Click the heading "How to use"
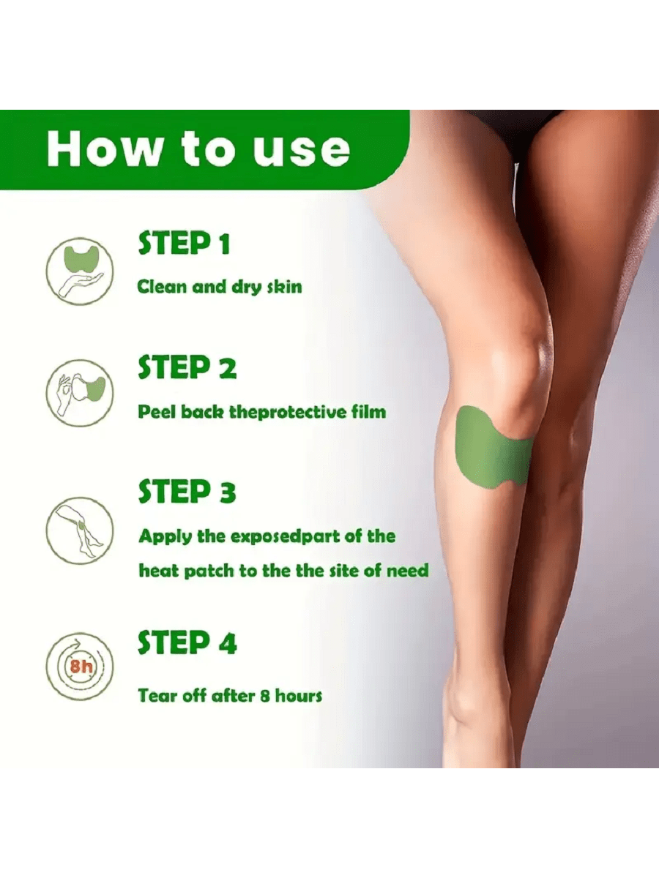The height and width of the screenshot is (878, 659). click(198, 149)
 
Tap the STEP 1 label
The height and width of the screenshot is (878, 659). click(184, 243)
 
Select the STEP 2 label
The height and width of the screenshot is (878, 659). click(187, 367)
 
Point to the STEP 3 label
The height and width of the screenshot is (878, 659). click(187, 492)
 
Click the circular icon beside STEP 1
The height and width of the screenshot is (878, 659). click(80, 271)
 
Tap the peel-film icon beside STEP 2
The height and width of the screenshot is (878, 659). click(80, 393)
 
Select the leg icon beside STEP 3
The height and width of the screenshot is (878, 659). click(80, 530)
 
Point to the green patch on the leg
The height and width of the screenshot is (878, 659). click(493, 449)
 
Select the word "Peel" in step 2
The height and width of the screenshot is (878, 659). click(157, 412)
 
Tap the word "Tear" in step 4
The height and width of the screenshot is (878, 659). click(157, 696)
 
